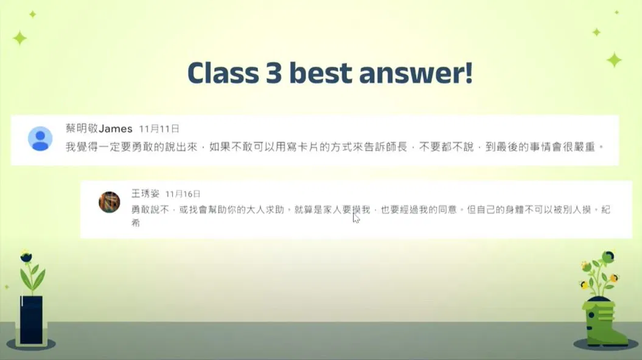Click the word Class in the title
click(223, 73)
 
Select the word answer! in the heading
click(416, 74)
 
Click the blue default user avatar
click(40, 139)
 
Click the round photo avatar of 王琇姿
click(110, 202)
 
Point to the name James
click(116, 129)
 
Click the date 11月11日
click(159, 129)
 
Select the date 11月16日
click(183, 194)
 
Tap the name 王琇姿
click(145, 193)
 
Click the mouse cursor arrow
click(356, 218)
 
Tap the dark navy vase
click(32, 320)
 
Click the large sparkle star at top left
click(19, 38)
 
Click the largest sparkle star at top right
click(614, 60)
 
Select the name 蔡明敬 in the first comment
click(82, 128)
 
